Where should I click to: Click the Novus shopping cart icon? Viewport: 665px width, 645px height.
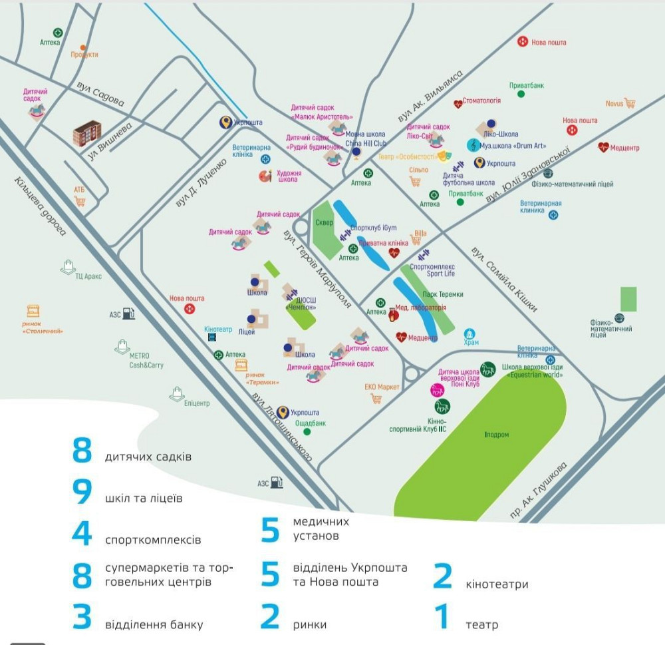630,103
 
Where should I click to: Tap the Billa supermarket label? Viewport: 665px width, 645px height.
420,234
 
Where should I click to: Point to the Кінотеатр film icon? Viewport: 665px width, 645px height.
212,337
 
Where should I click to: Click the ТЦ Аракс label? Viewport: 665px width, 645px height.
88,276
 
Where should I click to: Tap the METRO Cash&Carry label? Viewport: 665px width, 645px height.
146,361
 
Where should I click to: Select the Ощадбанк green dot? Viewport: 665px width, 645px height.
307,431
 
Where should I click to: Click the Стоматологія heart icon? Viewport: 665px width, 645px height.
458,104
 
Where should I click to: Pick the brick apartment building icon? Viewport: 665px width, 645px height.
88,132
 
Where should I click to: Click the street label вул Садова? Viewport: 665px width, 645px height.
100,95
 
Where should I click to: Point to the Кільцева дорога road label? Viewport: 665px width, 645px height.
39,206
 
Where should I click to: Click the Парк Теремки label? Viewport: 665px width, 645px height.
443,294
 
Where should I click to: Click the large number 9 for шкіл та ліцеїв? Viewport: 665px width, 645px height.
82,492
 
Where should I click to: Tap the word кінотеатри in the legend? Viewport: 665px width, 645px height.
497,584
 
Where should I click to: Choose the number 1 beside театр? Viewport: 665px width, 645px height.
442,616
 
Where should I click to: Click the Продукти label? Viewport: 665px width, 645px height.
84,55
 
